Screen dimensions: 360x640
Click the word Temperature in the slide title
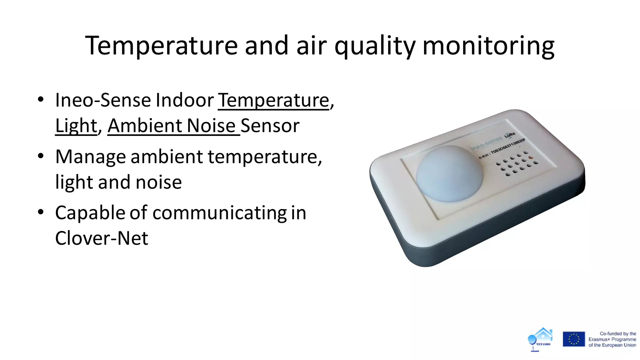click(x=161, y=46)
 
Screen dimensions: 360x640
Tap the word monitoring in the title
click(x=488, y=46)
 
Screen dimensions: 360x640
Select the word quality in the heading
click(x=375, y=46)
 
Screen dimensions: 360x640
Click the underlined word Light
click(x=76, y=126)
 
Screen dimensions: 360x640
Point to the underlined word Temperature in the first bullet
click(x=273, y=100)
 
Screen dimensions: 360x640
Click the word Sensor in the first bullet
click(x=270, y=126)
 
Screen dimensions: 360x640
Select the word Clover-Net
click(x=102, y=238)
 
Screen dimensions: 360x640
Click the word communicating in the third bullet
click(x=219, y=213)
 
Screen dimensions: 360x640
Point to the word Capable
click(x=90, y=213)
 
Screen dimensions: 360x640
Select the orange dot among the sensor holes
click(x=531, y=157)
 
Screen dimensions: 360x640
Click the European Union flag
click(x=573, y=339)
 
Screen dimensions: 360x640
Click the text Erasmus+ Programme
click(x=612, y=339)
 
